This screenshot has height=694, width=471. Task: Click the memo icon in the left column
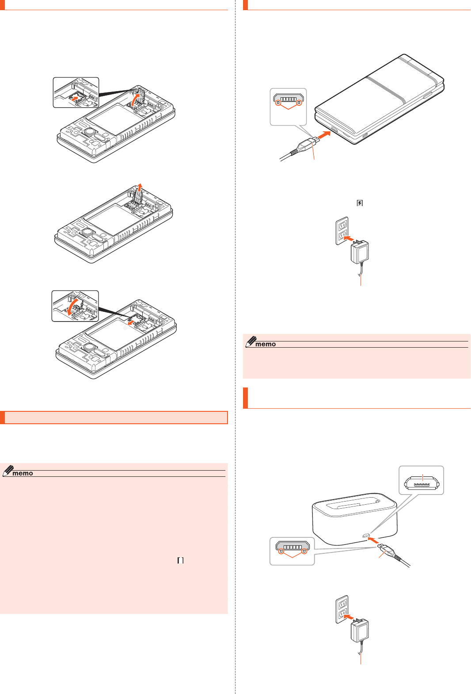pyautogui.click(x=18, y=472)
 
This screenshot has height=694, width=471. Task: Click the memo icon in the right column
pyautogui.click(x=261, y=342)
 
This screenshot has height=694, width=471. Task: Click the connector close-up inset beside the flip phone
pyautogui.click(x=288, y=107)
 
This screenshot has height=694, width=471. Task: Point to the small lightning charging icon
pyautogui.click(x=360, y=203)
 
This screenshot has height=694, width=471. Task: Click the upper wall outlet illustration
pyautogui.click(x=342, y=230)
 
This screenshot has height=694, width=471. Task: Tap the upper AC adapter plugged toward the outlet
pyautogui.click(x=360, y=252)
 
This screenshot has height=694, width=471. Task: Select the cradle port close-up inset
pyautogui.click(x=421, y=480)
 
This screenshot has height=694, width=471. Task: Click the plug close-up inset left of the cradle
pyautogui.click(x=292, y=551)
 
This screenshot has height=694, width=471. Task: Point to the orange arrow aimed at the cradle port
pyautogui.click(x=373, y=540)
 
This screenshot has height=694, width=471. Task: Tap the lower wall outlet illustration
pyautogui.click(x=342, y=609)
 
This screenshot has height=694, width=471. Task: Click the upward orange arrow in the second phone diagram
pyautogui.click(x=140, y=186)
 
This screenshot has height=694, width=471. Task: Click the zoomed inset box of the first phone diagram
pyautogui.click(x=76, y=92)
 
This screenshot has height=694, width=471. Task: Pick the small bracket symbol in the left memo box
pyautogui.click(x=180, y=560)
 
